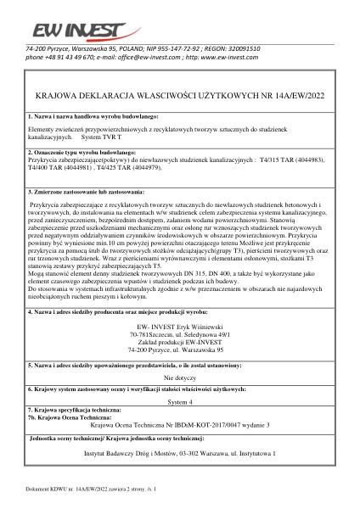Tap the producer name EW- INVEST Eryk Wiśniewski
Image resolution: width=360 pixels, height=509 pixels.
coord(180,326)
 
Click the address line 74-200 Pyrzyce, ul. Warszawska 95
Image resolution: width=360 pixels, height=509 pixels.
coord(180,349)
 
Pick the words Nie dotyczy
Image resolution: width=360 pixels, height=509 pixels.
coord(180,376)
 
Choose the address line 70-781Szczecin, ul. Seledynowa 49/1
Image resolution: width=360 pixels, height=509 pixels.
coord(180,333)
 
